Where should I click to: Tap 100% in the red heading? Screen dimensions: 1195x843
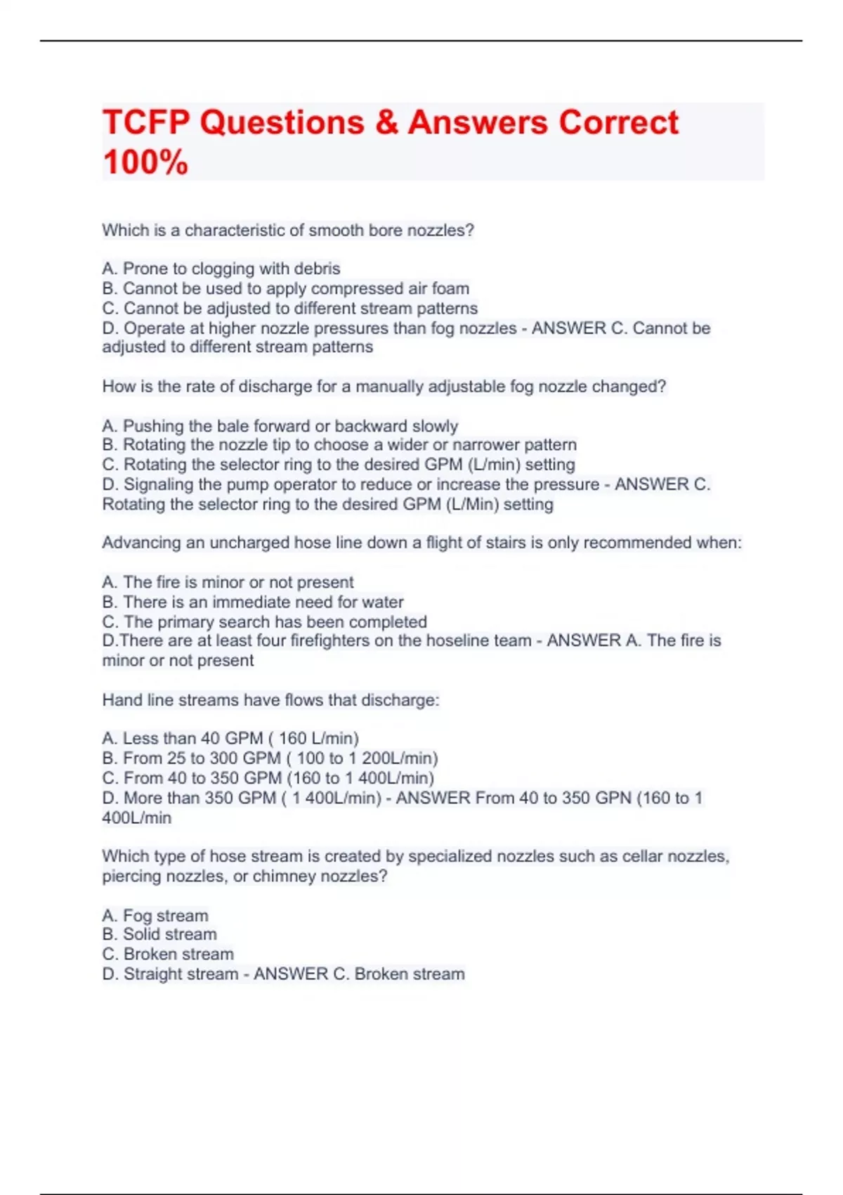pos(145,162)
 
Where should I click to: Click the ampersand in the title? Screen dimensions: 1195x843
pos(386,122)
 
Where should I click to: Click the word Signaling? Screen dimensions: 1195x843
pos(159,484)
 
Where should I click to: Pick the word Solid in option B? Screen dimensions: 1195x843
pos(143,934)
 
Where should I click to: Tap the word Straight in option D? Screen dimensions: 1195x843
pos(157,974)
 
